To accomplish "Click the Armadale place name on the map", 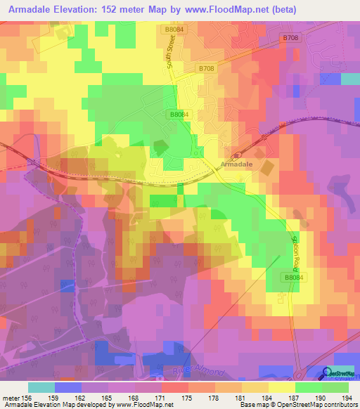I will (236, 164).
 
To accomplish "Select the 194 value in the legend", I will (347, 398).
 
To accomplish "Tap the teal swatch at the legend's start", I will (41, 387).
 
